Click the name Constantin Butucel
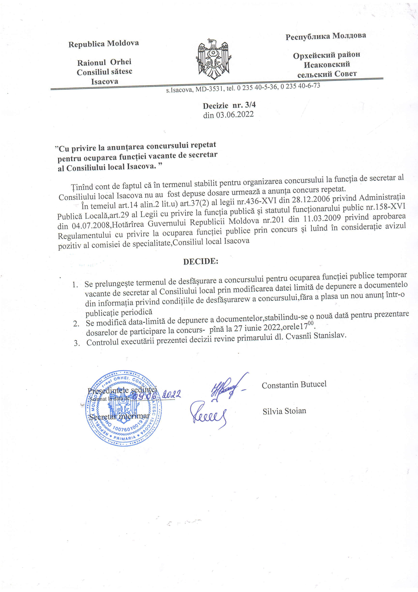tap(294, 385)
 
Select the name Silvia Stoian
tap(284, 411)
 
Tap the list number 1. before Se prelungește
tap(75, 285)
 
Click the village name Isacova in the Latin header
tap(104, 82)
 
